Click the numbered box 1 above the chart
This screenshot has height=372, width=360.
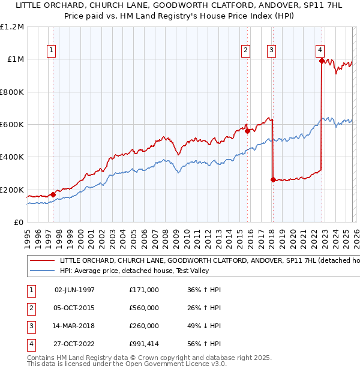pos(52,50)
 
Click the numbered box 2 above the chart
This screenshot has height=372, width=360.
pos(246,50)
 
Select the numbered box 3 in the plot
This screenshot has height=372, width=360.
pos(272,50)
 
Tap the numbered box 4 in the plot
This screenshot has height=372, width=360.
pos(320,50)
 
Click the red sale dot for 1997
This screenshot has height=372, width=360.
pos(53,194)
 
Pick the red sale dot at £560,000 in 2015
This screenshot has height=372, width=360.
pos(247,131)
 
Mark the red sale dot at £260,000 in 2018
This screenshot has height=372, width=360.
pos(273,179)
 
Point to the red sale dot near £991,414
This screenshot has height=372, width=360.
pos(322,61)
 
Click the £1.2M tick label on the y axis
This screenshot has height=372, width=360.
pos(13,27)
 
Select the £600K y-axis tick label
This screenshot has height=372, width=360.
pos(11,125)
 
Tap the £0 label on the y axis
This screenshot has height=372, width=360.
pos(19,222)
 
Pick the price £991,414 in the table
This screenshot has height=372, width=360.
pos(144,344)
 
